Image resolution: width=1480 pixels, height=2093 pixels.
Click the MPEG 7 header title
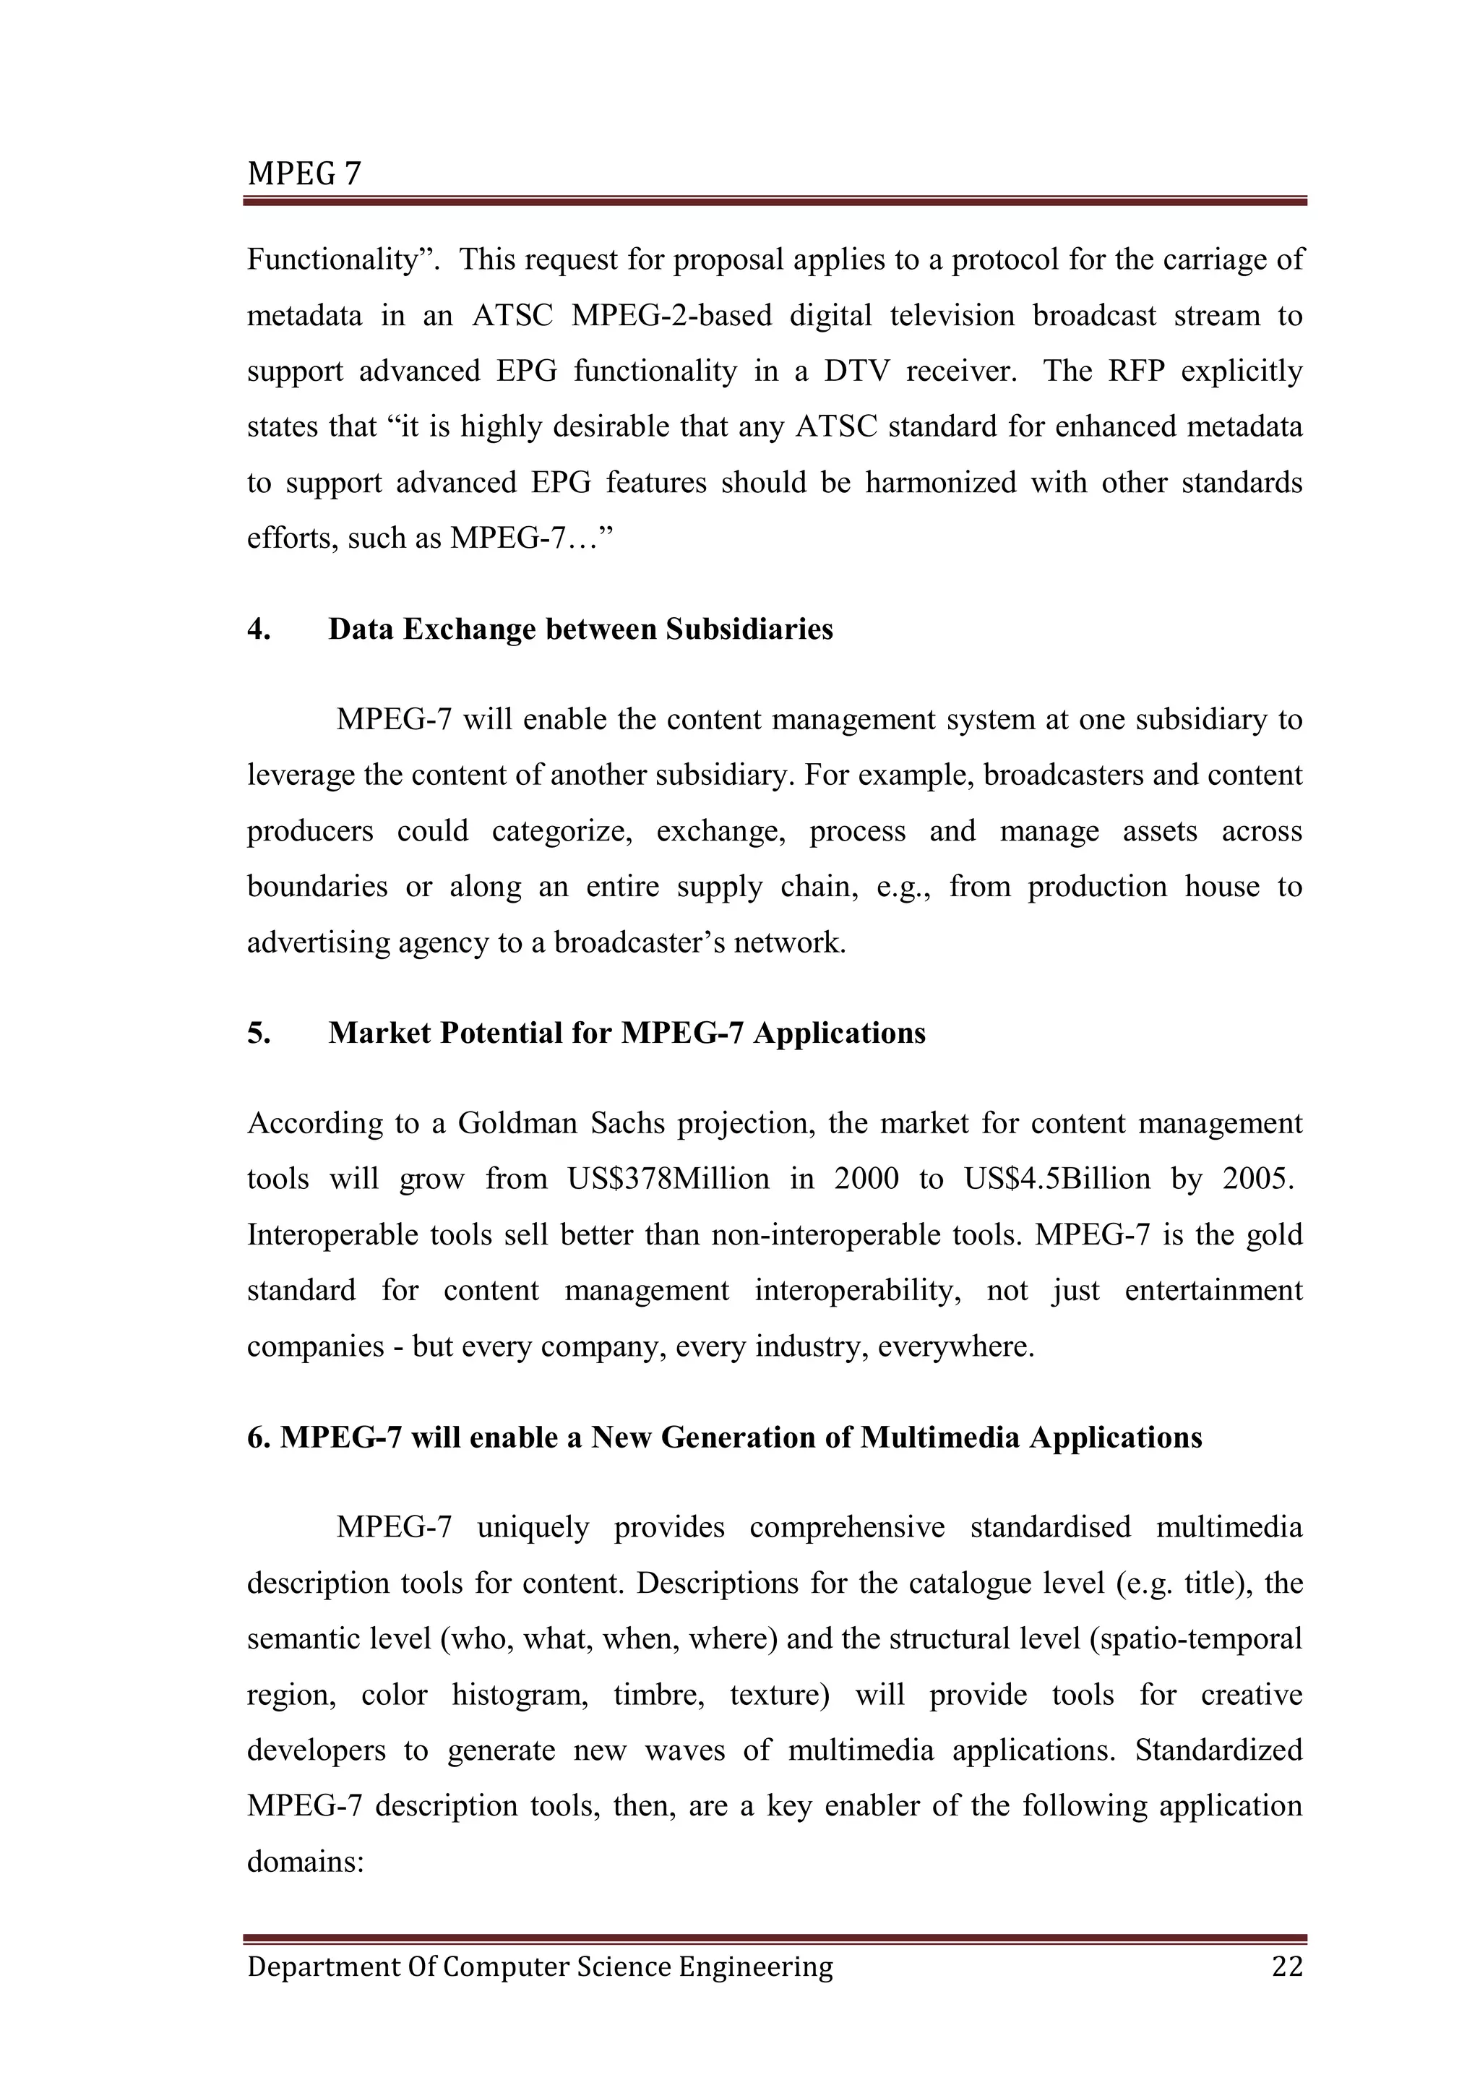click(304, 173)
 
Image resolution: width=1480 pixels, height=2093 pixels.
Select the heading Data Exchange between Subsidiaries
click(580, 630)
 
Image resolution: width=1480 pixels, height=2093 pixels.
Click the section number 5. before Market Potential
click(259, 1033)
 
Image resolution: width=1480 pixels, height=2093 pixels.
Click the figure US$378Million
click(668, 1179)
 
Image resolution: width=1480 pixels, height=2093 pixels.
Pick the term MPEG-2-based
click(671, 317)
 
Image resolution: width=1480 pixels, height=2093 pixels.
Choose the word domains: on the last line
click(305, 1862)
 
